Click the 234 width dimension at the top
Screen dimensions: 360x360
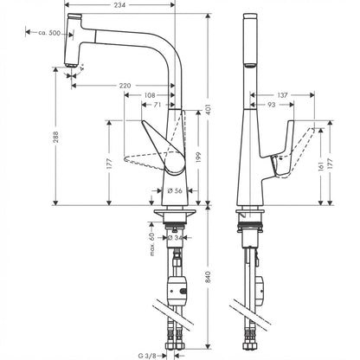(x=119, y=4)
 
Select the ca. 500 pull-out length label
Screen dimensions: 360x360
(x=49, y=33)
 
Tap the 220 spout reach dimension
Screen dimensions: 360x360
(x=125, y=86)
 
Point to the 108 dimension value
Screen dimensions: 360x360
(x=149, y=95)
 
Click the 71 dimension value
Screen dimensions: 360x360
(x=157, y=105)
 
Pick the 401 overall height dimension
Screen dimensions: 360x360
(x=209, y=109)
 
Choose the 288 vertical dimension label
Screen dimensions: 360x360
(x=55, y=137)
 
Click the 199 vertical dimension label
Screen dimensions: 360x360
(x=198, y=157)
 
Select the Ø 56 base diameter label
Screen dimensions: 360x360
(x=175, y=190)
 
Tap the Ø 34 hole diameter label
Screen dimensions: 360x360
(x=175, y=237)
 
